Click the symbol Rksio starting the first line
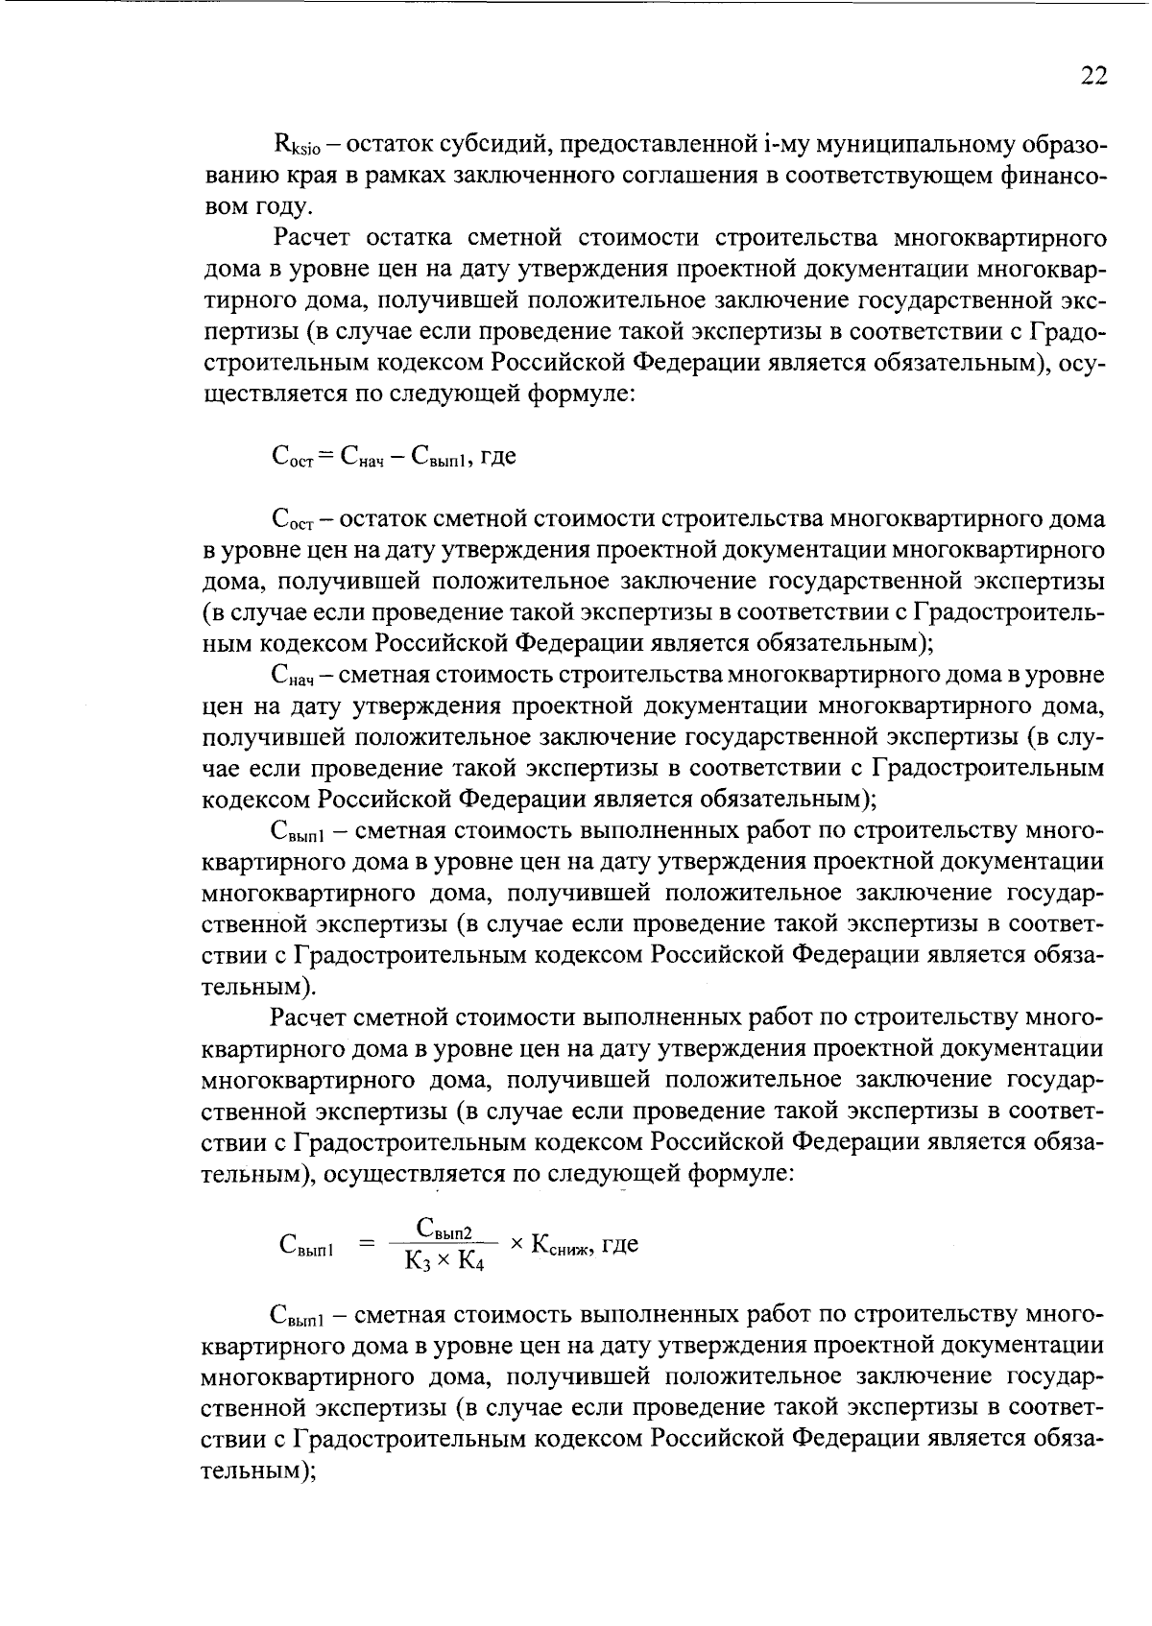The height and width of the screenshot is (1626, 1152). tap(299, 146)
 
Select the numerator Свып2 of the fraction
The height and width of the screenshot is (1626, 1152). tap(444, 1229)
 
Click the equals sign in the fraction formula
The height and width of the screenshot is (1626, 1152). tap(365, 1244)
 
